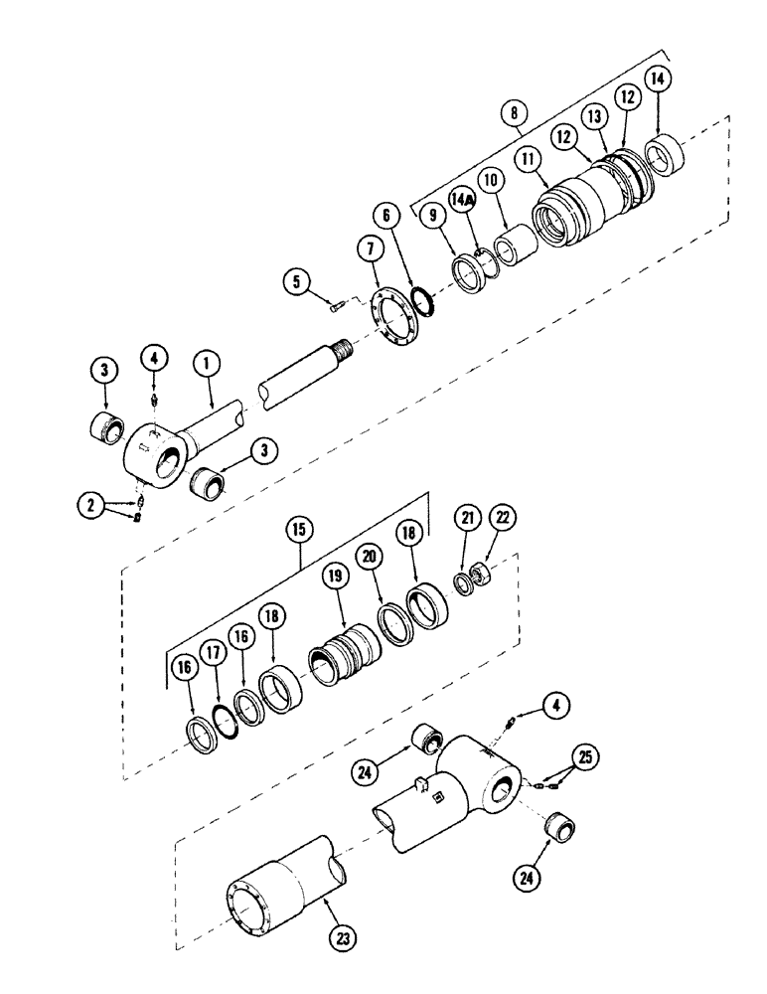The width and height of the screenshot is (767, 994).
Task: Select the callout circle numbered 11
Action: pos(527,158)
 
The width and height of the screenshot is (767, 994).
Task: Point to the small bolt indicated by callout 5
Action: pos(337,308)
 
